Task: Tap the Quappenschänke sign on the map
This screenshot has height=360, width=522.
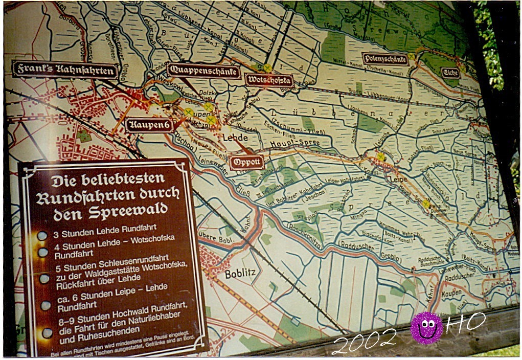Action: [203, 71]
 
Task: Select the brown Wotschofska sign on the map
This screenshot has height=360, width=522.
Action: [269, 80]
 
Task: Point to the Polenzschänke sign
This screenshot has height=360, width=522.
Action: [385, 59]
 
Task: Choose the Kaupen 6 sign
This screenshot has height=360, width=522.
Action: [149, 124]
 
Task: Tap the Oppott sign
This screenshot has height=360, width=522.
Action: [247, 162]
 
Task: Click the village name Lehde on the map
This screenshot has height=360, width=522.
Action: [235, 138]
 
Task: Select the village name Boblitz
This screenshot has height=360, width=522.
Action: [240, 274]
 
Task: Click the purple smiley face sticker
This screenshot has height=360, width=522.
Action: [426, 328]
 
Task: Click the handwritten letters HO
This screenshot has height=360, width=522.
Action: [465, 323]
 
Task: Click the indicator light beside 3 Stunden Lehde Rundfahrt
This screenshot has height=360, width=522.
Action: [42, 236]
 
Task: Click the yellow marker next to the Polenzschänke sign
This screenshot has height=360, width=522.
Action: [411, 56]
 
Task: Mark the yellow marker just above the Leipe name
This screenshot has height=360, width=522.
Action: [380, 157]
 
